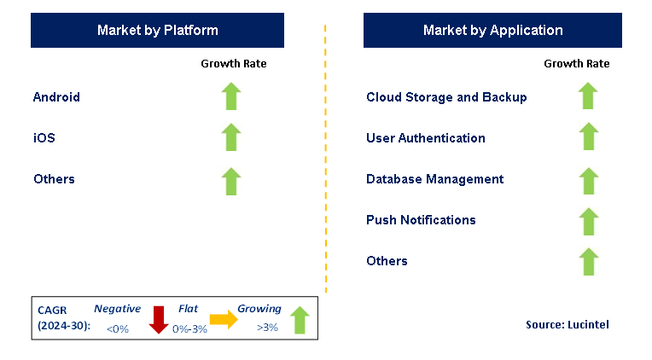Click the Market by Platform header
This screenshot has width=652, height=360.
(x=157, y=31)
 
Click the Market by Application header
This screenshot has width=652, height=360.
(x=492, y=31)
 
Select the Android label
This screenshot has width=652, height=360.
(x=56, y=97)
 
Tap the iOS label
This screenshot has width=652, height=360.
(x=44, y=138)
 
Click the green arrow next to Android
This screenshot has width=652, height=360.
(x=231, y=96)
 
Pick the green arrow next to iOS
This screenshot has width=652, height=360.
(x=231, y=137)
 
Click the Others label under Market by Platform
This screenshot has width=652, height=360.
(x=54, y=179)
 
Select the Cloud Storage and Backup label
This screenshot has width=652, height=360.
(x=446, y=97)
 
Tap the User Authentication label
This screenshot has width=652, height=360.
(x=426, y=138)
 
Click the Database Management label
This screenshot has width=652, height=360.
(x=434, y=179)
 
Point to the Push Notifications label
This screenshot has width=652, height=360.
(x=421, y=220)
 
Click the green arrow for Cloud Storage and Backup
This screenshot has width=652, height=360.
(x=588, y=96)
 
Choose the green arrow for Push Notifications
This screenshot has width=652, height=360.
(x=588, y=221)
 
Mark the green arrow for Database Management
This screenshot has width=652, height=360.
(x=588, y=180)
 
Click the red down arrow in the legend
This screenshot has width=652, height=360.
(x=158, y=319)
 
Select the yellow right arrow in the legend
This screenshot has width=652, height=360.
(x=224, y=319)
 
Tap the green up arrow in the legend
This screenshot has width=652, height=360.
(x=299, y=320)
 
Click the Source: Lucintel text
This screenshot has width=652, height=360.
(x=568, y=324)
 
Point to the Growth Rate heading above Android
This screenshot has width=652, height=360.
(x=233, y=63)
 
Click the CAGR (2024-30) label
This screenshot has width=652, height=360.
(x=61, y=318)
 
